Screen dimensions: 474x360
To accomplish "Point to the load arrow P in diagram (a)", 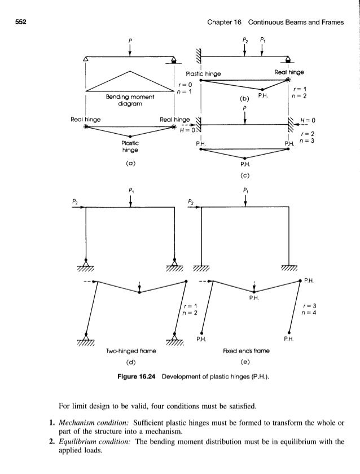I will (x=130, y=49).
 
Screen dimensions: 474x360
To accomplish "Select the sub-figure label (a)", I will (x=130, y=164).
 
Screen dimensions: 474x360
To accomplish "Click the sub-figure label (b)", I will (x=243, y=100).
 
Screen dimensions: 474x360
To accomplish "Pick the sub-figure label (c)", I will (x=244, y=175).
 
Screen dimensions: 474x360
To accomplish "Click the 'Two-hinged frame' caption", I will (x=131, y=350).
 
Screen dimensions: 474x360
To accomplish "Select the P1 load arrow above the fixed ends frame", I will (x=244, y=200).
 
